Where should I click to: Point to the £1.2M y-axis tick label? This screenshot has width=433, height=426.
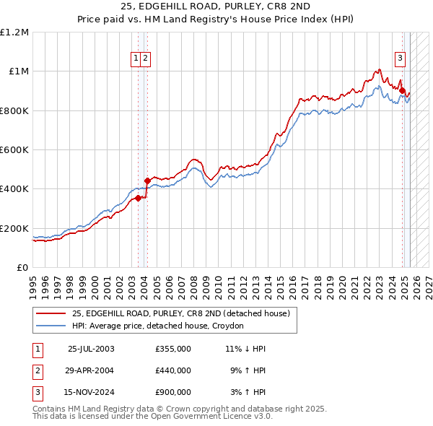pos(14,32)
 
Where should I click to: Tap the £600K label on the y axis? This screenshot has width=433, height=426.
pos(14,150)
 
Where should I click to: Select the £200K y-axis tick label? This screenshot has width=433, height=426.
pos(14,228)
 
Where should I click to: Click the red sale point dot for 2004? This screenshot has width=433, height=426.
pos(147,181)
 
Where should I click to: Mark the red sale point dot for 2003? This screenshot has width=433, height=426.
pos(138,198)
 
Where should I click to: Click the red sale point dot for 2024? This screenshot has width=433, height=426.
pos(402,91)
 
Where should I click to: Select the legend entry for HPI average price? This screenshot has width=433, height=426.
pos(157,326)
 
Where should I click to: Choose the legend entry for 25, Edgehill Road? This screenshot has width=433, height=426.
pos(180,313)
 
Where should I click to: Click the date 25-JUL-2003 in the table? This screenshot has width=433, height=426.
pos(91,349)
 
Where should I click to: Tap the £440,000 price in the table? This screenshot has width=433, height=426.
pos(173,370)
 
